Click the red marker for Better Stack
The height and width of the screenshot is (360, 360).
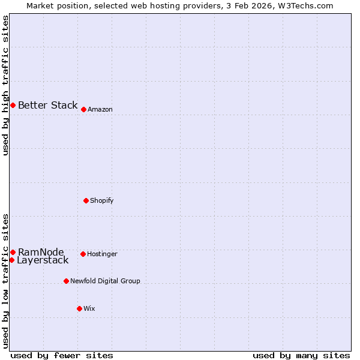(13, 105)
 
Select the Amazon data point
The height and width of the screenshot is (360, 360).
(83, 109)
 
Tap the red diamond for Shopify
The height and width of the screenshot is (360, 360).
(86, 200)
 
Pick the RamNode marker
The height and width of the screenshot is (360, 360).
(13, 252)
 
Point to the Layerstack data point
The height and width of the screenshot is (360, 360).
(11, 260)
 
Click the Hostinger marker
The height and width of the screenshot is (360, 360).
(83, 254)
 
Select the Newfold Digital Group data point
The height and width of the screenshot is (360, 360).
(66, 281)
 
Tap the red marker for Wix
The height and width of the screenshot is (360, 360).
(79, 308)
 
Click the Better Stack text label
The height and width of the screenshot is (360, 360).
(47, 106)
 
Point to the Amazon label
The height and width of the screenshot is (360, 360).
(100, 110)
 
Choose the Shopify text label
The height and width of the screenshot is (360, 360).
(102, 200)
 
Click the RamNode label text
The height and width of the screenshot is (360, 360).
(41, 252)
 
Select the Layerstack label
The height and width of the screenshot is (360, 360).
(43, 260)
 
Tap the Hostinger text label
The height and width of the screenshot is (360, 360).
(102, 254)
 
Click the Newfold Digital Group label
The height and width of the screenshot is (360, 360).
(105, 281)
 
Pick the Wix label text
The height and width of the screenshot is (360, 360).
(89, 309)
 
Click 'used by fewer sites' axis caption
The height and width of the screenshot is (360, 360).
(62, 355)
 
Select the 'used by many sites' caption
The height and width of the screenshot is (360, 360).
(301, 355)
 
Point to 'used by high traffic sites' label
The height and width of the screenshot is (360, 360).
(6, 85)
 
